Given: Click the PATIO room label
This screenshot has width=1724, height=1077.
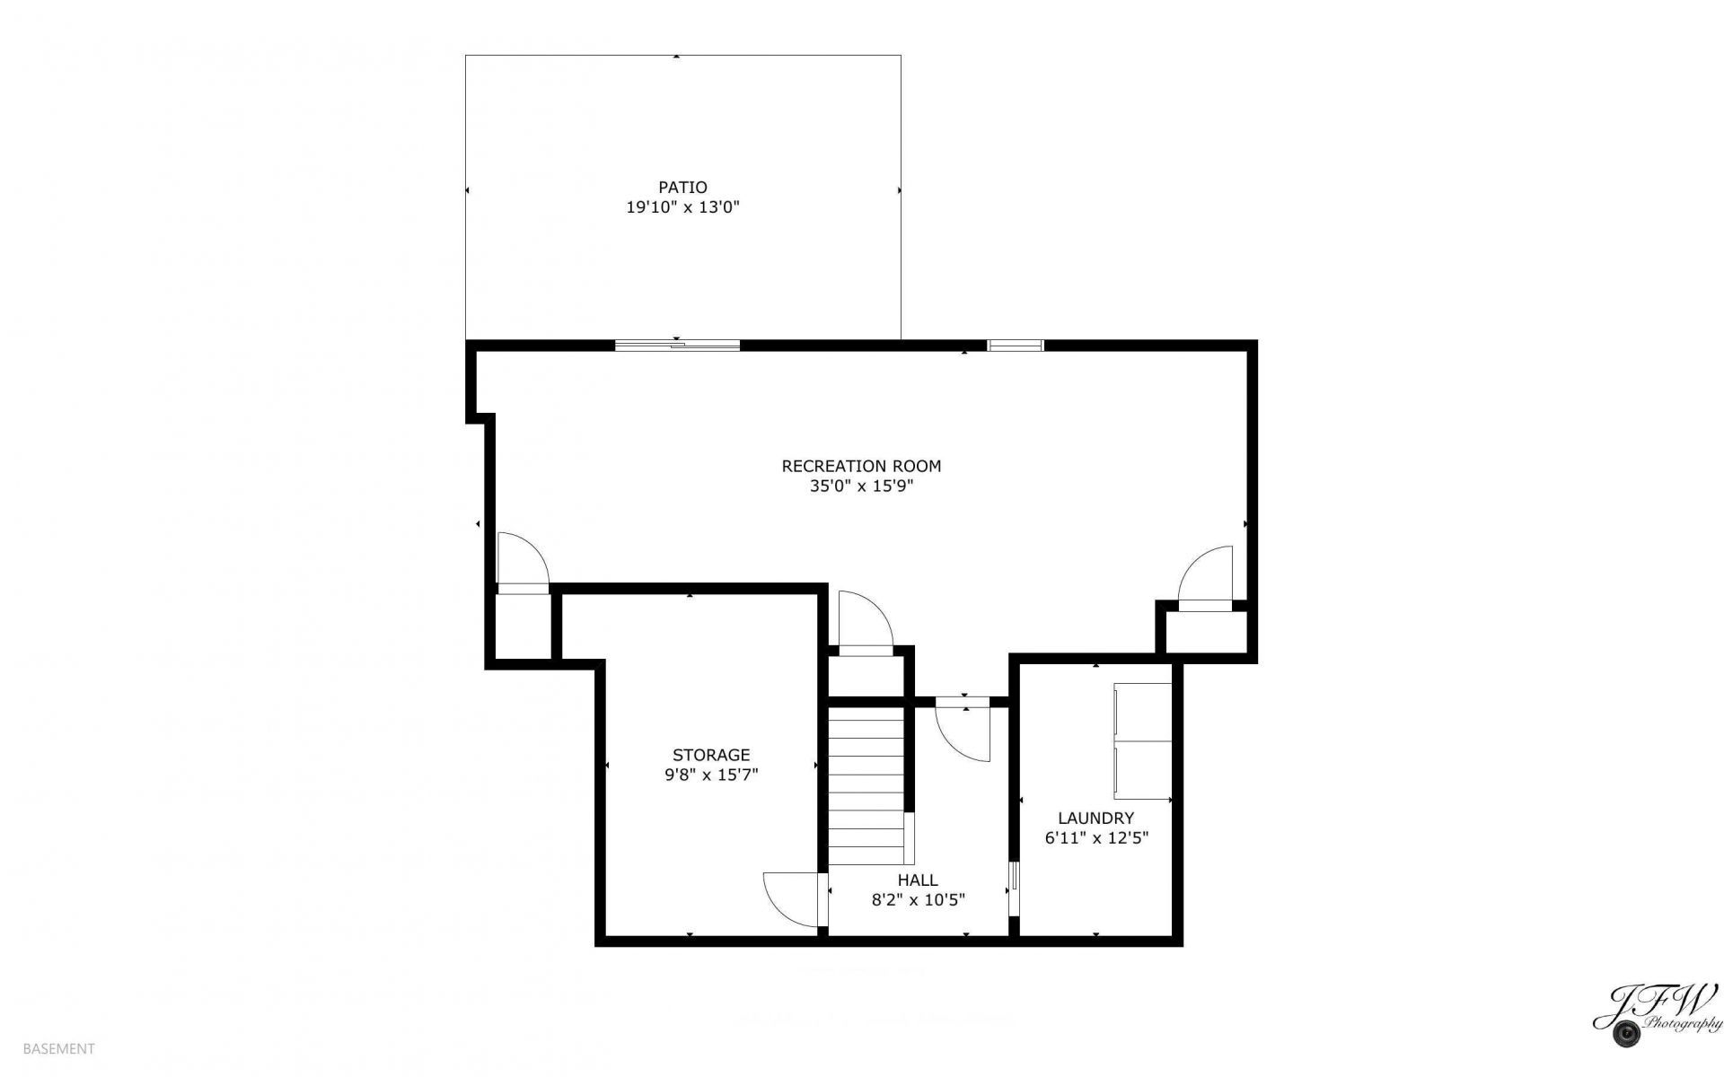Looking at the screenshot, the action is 682,188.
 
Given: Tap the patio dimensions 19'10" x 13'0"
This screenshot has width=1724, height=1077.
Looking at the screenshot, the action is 682,207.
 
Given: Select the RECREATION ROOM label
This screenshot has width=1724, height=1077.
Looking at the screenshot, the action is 861,466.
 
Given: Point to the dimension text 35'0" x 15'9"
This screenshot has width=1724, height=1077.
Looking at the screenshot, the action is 861,486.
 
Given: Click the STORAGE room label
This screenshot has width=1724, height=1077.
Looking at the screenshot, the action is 711,755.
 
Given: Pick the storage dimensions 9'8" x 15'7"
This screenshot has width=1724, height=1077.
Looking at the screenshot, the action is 711,775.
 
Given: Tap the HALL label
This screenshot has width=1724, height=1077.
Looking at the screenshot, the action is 918,880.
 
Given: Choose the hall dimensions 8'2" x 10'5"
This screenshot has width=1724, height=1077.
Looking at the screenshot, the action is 918,900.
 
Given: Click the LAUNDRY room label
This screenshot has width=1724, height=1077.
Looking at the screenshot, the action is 1095,818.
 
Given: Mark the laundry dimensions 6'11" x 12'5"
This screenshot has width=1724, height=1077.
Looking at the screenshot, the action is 1095,838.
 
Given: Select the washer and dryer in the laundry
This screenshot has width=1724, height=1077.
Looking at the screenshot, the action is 1143,740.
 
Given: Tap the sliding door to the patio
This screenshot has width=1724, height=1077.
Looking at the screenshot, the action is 677,345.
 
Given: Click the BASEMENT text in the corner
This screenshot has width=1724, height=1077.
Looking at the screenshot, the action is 58,1048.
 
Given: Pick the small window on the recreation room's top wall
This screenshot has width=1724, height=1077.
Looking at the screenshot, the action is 1016,345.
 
